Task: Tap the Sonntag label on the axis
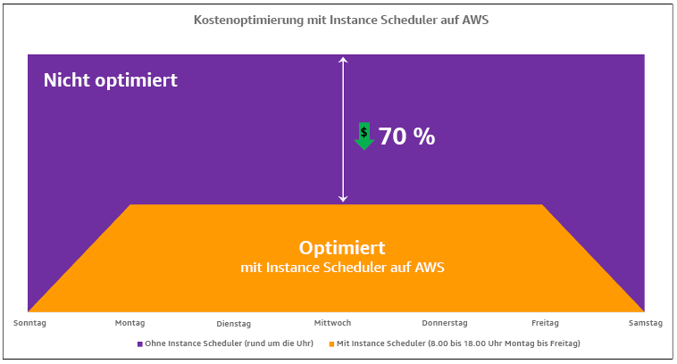click(29, 322)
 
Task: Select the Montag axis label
click(130, 322)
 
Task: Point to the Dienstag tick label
click(234, 323)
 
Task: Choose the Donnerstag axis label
click(445, 322)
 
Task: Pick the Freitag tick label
click(544, 322)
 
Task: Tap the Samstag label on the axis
click(646, 322)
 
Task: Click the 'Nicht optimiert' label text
click(111, 79)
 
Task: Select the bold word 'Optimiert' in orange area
click(342, 247)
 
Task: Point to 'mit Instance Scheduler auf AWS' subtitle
click(342, 267)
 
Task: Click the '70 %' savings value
click(406, 136)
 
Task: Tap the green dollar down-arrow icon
click(364, 136)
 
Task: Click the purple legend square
click(140, 343)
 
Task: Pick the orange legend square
click(331, 343)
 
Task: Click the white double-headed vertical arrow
click(342, 128)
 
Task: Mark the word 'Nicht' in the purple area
click(68, 79)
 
